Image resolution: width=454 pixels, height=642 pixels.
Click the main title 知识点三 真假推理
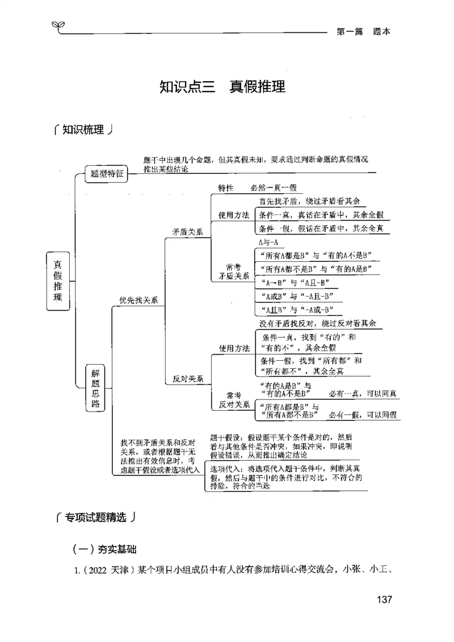[222, 87]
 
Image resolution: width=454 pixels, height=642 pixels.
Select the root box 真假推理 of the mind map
[58, 281]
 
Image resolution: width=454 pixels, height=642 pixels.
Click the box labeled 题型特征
[107, 174]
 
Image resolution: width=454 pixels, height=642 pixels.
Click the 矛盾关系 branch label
[188, 232]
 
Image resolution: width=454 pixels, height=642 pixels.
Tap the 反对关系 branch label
[188, 379]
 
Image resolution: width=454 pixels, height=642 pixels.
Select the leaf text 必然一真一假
[273, 188]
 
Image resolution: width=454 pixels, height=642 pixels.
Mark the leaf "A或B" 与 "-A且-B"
[297, 296]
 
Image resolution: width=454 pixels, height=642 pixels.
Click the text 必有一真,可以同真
[363, 394]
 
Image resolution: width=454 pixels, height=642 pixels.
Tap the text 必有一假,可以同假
[363, 415]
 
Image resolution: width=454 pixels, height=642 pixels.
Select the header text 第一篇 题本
[363, 32]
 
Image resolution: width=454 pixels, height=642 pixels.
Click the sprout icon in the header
[57, 26]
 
